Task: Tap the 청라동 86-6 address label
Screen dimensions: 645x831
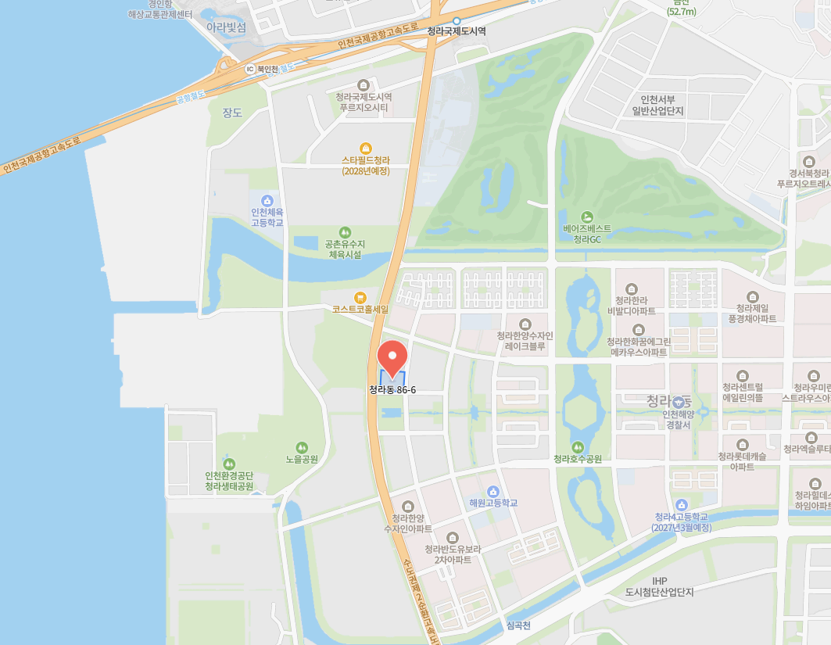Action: [392, 389]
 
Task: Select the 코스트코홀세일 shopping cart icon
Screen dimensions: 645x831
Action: [360, 297]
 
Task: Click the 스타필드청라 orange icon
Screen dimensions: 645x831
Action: [365, 148]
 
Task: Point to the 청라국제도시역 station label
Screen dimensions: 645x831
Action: [457, 31]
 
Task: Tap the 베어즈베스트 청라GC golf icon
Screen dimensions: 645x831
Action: [587, 217]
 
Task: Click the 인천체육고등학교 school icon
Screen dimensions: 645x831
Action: [267, 201]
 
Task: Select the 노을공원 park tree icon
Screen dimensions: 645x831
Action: [302, 447]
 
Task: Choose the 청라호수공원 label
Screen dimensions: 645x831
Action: [577, 459]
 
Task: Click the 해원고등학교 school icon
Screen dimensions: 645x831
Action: [493, 491]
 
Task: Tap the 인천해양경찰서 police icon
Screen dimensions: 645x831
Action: [677, 402]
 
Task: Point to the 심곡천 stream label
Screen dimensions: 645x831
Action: [518, 625]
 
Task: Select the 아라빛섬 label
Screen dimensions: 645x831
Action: [226, 27]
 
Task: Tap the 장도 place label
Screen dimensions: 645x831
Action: [232, 113]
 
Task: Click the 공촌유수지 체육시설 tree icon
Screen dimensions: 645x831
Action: [345, 232]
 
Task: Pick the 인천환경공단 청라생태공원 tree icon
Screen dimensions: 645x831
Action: [229, 464]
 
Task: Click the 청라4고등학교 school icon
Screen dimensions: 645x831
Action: [682, 505]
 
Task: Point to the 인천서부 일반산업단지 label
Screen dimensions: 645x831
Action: [662, 105]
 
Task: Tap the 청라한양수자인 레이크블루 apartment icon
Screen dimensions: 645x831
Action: [525, 324]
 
